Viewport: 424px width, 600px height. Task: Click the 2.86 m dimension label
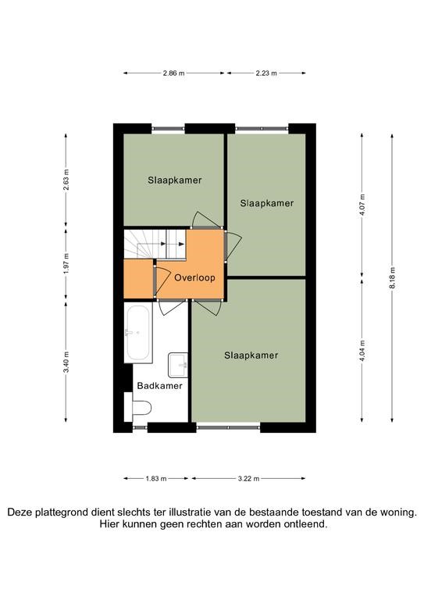pos(173,73)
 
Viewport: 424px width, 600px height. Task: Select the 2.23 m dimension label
pos(266,73)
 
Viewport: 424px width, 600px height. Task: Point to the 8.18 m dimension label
pos(392,279)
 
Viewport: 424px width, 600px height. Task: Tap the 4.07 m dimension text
pos(362,206)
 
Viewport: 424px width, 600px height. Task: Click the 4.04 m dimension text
pos(362,351)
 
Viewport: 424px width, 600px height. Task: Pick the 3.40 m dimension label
pos(66,362)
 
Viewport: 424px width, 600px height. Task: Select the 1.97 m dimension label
pos(66,264)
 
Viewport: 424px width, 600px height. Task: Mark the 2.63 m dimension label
pos(66,180)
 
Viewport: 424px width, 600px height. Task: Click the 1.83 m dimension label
pos(156,478)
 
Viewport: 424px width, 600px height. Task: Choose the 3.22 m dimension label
pos(249,478)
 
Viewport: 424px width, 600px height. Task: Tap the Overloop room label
pos(194,278)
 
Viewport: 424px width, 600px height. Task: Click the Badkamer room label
pos(160,386)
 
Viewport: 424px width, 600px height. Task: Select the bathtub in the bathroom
pos(138,334)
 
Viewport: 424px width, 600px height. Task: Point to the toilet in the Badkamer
pos(137,408)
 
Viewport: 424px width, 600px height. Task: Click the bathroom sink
pos(178,365)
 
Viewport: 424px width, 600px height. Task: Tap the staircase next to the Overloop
pos(155,244)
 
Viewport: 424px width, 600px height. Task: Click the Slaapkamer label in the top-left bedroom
pos(175,180)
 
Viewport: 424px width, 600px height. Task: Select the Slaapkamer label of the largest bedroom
pos(251,355)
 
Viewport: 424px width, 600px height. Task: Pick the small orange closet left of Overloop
pos(139,279)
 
